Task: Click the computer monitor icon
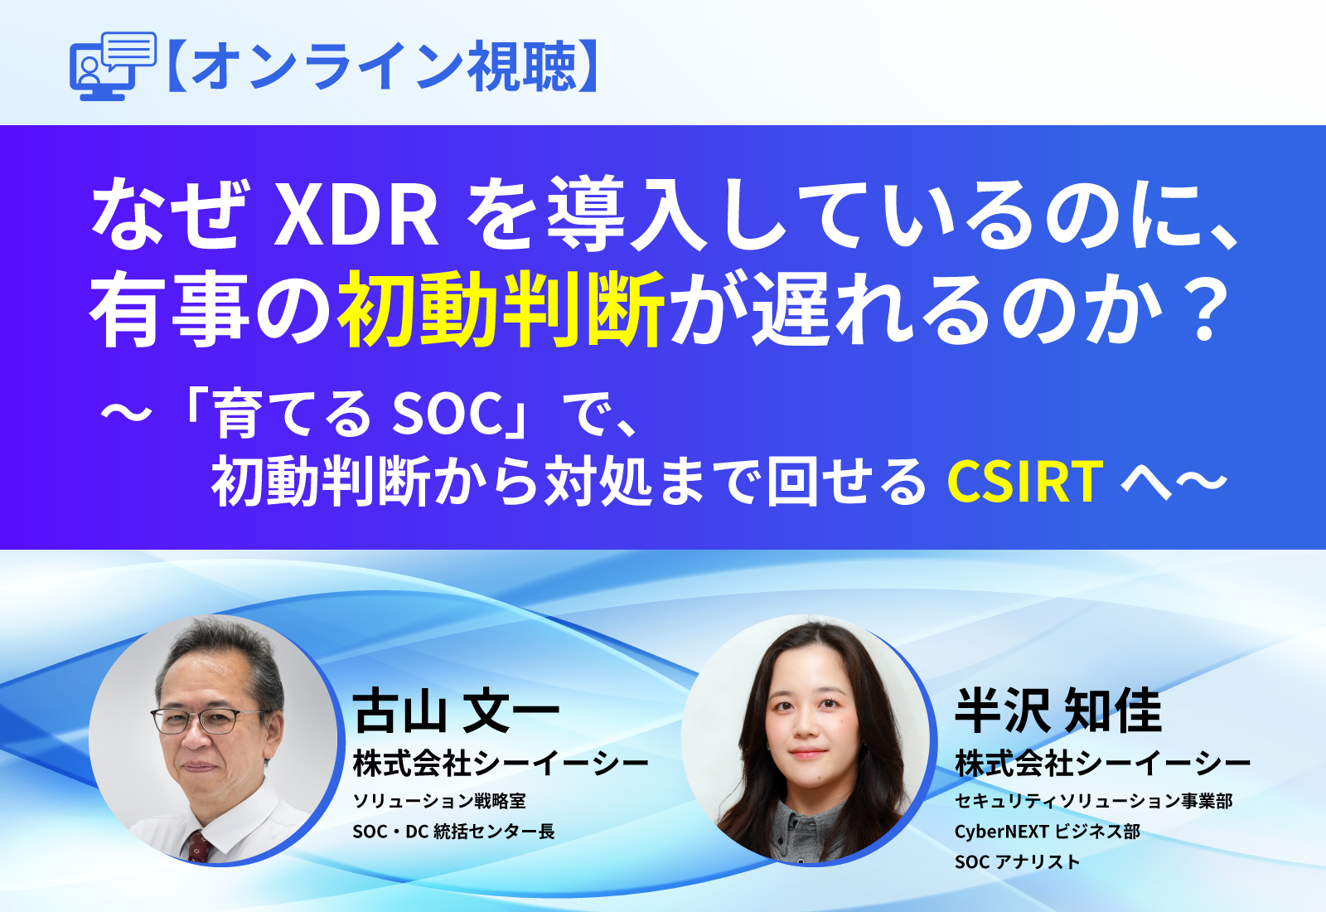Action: coord(112,66)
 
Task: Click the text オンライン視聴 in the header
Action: coord(383,66)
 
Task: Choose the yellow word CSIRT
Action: coord(1024,482)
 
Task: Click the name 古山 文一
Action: coord(457,711)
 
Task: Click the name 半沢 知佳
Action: coord(1058,711)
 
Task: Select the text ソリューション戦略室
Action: coord(439,801)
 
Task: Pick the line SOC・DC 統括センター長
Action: coord(453,832)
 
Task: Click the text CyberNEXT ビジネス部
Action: coord(1047,832)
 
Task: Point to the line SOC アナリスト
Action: coord(1017,862)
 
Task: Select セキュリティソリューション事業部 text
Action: coord(1093,801)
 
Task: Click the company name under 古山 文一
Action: coord(501,764)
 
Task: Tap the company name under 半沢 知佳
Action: coord(1102,764)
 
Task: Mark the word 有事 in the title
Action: coord(170,311)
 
